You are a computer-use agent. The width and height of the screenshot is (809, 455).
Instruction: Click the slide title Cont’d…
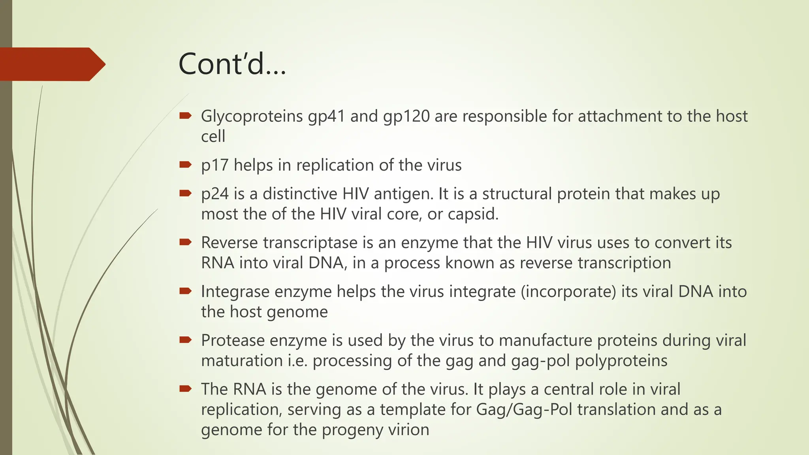(x=232, y=64)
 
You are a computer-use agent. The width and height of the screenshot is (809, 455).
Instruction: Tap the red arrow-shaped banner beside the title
(x=51, y=64)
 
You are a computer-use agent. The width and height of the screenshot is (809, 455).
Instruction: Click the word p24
(x=214, y=194)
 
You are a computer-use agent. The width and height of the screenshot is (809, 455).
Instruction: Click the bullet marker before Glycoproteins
(x=185, y=116)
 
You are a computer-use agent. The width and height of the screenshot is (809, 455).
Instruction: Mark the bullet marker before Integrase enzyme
(x=185, y=291)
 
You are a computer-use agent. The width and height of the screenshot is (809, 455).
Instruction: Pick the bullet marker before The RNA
(x=185, y=389)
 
